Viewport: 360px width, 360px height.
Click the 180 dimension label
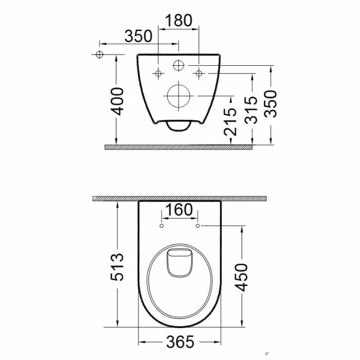click(178, 21)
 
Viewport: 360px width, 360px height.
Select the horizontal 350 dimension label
click(138, 36)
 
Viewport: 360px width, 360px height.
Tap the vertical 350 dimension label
click(271, 104)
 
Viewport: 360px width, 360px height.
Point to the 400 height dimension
click(117, 101)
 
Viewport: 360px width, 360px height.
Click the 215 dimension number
click(230, 122)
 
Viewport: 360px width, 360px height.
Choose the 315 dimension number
click(251, 110)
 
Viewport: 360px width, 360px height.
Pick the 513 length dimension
click(117, 267)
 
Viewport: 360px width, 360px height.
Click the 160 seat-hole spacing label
click(179, 210)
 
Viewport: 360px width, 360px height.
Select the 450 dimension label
click(241, 277)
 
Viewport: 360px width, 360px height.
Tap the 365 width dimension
click(180, 342)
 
